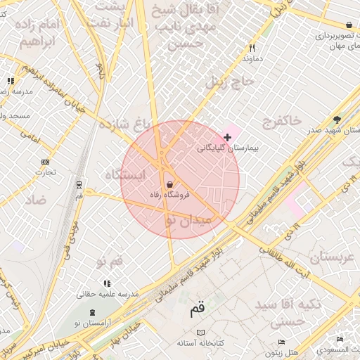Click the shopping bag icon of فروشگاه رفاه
(x=169, y=184)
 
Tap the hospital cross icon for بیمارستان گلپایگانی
(x=227, y=136)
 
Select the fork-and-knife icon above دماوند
(x=252, y=49)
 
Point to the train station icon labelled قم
(x=79, y=186)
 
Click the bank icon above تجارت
(x=46, y=162)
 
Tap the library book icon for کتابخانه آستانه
(x=202, y=332)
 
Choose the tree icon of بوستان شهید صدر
(x=337, y=120)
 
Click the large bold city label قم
(x=197, y=309)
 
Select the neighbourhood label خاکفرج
(x=281, y=122)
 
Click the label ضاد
(x=36, y=200)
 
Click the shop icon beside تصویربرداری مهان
(x=350, y=25)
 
